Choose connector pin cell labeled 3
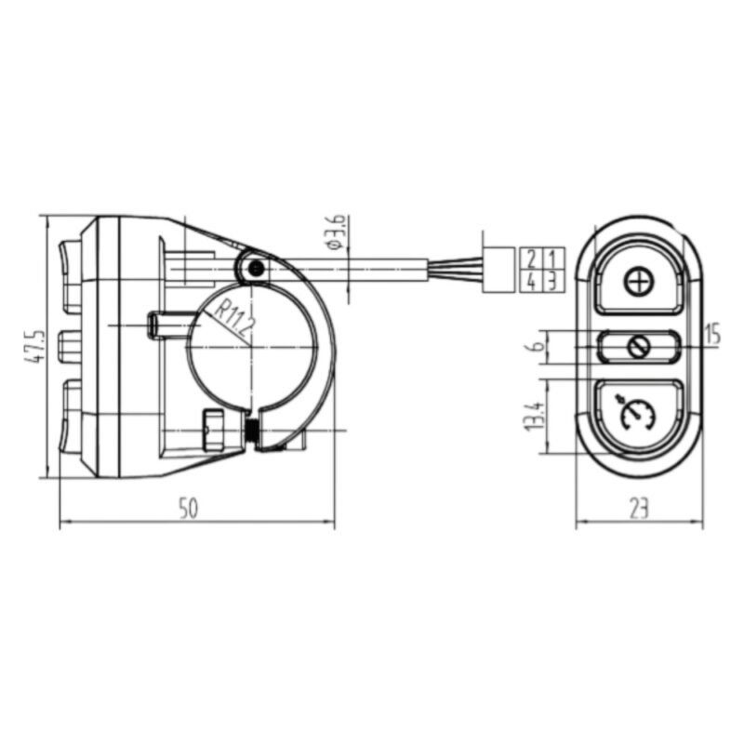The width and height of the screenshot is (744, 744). click(x=552, y=281)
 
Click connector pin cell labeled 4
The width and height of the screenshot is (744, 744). click(x=531, y=281)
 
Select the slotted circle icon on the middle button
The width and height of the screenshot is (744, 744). click(x=639, y=347)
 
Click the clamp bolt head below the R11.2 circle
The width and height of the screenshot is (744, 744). click(x=213, y=430)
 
